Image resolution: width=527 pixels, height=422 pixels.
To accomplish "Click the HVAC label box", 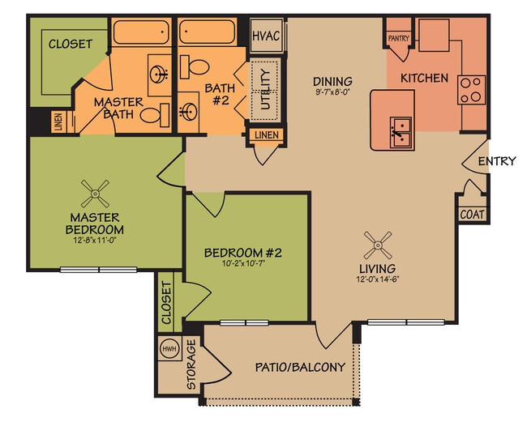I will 265,36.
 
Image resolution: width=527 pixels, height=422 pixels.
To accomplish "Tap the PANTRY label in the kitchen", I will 399,38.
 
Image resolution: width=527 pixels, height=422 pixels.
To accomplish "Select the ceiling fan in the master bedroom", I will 95,193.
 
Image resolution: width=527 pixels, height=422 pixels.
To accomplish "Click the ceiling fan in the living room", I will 378,242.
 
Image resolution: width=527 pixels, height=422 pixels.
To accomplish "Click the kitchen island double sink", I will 400,129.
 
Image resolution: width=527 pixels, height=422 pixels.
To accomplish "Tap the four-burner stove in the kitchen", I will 471,89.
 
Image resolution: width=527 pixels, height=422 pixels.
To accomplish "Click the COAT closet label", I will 472,215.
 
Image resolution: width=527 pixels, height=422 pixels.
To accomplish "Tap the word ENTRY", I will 496,161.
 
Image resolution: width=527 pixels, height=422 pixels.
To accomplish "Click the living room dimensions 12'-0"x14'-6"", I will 378,280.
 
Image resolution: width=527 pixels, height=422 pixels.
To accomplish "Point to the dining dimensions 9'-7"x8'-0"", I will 332,92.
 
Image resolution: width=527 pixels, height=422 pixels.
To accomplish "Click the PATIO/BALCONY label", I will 299,367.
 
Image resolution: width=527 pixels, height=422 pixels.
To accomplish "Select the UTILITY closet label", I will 264,89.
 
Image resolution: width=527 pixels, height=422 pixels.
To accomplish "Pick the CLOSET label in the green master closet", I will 71,44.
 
